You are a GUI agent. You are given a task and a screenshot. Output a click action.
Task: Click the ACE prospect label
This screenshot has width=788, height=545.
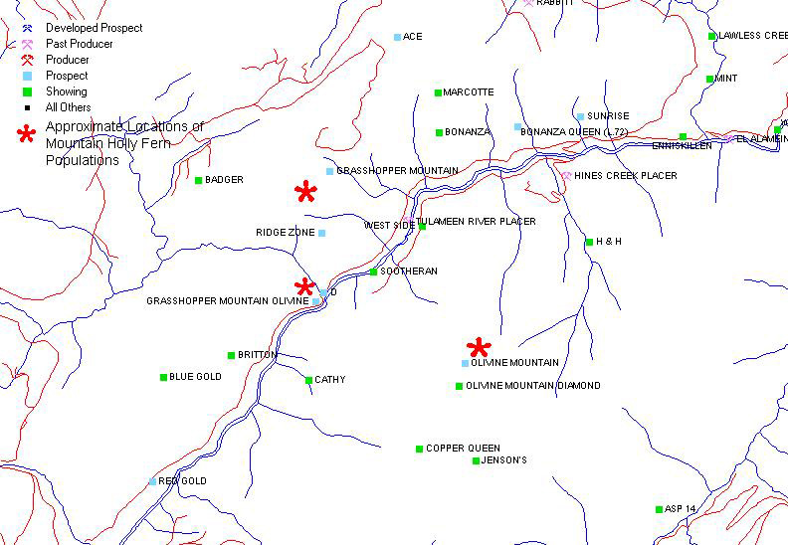(x=413, y=37)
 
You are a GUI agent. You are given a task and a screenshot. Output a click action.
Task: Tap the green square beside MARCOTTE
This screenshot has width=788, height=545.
(x=438, y=92)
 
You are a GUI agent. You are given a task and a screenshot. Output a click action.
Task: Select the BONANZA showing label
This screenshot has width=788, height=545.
(x=469, y=132)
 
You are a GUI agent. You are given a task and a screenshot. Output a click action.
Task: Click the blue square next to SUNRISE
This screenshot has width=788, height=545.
(x=580, y=116)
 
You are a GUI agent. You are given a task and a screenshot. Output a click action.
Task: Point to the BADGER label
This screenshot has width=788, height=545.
(x=224, y=180)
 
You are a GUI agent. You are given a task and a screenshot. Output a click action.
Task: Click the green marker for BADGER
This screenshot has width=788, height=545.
(x=198, y=180)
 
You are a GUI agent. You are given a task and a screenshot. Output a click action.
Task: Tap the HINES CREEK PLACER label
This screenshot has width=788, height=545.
(x=626, y=176)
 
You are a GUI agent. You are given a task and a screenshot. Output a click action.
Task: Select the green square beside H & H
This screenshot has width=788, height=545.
(x=589, y=242)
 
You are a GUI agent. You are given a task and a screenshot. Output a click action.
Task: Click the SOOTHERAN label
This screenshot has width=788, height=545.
(x=409, y=272)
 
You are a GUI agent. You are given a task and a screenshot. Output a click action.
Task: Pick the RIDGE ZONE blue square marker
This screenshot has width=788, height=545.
(x=321, y=233)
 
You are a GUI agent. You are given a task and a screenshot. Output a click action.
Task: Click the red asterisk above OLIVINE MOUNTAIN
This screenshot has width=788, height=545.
(x=480, y=348)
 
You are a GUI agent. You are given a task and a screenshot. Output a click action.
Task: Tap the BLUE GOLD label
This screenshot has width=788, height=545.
(x=196, y=377)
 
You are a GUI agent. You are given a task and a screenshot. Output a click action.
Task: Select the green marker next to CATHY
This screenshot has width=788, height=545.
(x=308, y=380)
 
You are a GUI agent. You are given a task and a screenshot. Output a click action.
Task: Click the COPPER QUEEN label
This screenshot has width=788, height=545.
(x=464, y=449)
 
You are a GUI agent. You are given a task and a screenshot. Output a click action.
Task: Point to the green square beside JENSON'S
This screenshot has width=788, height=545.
(x=476, y=460)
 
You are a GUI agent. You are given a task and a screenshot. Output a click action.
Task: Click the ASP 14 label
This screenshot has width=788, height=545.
(x=682, y=509)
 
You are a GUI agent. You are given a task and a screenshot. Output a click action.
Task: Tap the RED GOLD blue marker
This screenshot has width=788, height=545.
(x=152, y=481)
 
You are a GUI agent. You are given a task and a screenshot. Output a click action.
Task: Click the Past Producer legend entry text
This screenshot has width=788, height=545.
(x=80, y=44)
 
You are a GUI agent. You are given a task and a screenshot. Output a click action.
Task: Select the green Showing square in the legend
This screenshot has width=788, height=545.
(x=28, y=91)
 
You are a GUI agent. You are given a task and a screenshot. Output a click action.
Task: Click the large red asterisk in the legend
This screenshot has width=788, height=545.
(x=27, y=135)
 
